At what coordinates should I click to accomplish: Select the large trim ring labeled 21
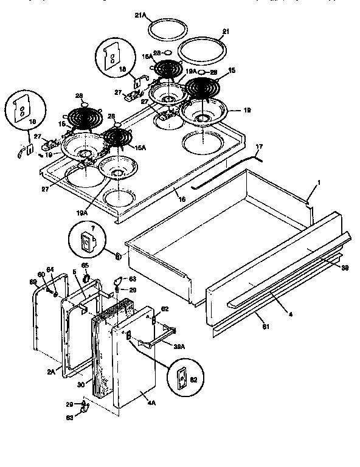(x=202, y=49)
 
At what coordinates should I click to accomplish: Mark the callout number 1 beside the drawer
(x=319, y=182)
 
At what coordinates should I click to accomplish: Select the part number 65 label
(x=86, y=266)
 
